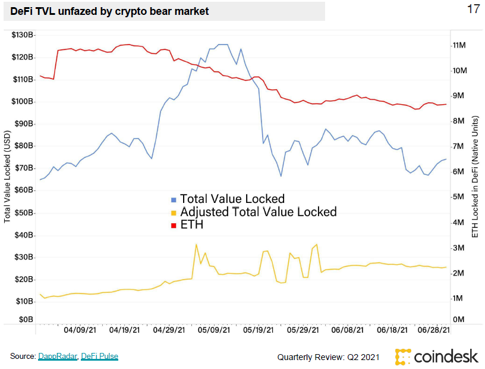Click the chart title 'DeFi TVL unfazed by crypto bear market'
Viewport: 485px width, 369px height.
[109, 11]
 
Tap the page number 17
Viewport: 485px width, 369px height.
[473, 9]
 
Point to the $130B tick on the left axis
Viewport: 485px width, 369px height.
[23, 35]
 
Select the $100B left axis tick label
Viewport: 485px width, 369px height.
[23, 102]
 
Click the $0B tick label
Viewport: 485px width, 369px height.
[25, 320]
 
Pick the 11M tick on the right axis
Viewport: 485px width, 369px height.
[463, 45]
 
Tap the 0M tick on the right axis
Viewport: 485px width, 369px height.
[461, 320]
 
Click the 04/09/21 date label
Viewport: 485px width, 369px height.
[80, 329]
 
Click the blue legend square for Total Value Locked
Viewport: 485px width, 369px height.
[174, 199]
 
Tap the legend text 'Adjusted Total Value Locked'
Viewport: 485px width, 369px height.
[258, 212]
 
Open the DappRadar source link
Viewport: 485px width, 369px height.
[58, 357]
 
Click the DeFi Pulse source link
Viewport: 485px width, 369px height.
[100, 357]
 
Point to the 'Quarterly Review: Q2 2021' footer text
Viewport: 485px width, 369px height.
[328, 357]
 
